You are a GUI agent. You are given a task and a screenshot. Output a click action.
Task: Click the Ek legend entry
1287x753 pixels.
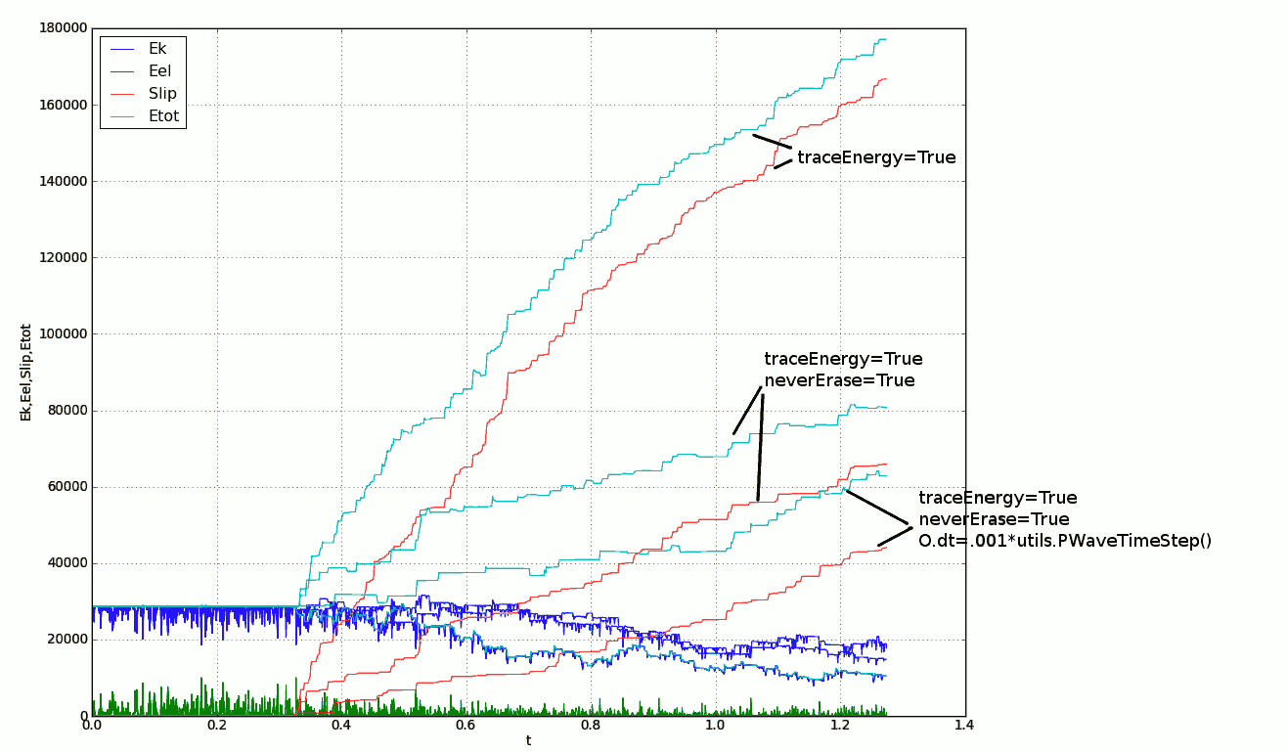click(x=157, y=48)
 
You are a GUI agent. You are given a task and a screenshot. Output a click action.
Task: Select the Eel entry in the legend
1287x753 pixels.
click(x=159, y=70)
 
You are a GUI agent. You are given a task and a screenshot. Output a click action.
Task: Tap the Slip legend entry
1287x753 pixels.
click(x=162, y=94)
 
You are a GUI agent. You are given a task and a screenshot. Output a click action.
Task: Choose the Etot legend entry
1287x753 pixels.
click(x=163, y=116)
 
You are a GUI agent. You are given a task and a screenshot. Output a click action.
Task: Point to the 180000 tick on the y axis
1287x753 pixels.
click(x=60, y=28)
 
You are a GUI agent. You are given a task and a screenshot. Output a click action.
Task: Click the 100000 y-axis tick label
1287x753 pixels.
click(x=60, y=333)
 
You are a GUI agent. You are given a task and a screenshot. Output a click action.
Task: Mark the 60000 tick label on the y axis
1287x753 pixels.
click(x=64, y=487)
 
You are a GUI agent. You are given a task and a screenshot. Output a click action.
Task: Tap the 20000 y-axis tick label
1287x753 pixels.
click(x=64, y=640)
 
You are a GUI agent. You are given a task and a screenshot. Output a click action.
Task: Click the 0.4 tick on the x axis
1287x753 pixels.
click(x=341, y=726)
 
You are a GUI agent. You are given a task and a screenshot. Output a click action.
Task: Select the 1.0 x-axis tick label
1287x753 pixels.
click(x=716, y=726)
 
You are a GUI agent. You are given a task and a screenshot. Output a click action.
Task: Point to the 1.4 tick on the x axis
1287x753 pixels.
click(x=965, y=726)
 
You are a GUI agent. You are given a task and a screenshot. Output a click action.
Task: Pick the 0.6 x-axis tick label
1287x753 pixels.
click(x=466, y=726)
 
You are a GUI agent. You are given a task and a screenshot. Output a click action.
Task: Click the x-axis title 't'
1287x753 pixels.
click(x=528, y=741)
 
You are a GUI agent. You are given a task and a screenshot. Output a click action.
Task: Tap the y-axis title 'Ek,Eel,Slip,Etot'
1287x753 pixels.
click(x=25, y=373)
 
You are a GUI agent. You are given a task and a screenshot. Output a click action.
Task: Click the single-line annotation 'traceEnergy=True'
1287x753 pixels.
click(x=876, y=157)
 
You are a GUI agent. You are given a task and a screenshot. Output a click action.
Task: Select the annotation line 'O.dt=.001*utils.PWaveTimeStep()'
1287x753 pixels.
click(x=1065, y=541)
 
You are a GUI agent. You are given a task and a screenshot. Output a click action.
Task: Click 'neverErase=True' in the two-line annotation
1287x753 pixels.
click(x=839, y=380)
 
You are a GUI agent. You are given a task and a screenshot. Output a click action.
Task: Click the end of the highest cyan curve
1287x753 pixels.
click(x=886, y=39)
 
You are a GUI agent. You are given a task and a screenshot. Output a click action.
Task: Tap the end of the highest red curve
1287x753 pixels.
click(x=886, y=78)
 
